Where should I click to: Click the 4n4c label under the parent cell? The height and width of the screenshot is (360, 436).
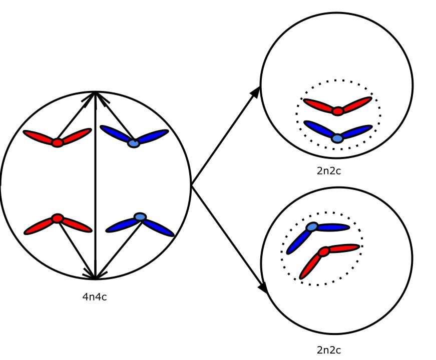coord(94,297)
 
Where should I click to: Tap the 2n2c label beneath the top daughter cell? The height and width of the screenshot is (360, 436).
coord(329,170)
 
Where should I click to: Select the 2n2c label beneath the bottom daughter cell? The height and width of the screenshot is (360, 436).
coord(329,350)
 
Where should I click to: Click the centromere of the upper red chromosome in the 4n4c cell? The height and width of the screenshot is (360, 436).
coord(58,143)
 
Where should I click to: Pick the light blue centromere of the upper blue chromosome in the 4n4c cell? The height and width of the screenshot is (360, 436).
coord(133,143)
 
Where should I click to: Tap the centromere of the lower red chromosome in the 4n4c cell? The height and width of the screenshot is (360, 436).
coord(58,218)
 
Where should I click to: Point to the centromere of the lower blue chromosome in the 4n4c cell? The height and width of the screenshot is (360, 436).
coord(140,217)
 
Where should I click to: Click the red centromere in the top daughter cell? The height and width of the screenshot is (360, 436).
coord(338,111)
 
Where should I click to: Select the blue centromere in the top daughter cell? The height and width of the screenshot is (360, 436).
coord(337,138)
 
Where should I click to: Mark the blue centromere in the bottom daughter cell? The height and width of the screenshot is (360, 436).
coord(312,227)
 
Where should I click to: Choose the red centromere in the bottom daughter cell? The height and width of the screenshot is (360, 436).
coord(324,251)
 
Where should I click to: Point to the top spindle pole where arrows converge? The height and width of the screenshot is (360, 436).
coord(95,92)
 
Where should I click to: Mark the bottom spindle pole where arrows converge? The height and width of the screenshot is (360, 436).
coord(95,277)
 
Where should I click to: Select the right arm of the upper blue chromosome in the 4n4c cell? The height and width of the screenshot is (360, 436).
coord(153,136)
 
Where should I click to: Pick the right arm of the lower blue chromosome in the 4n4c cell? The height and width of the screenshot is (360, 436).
coord(159,227)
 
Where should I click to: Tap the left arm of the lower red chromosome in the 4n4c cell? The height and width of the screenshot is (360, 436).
coord(40,227)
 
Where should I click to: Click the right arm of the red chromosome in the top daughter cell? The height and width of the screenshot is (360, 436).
coord(356,103)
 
